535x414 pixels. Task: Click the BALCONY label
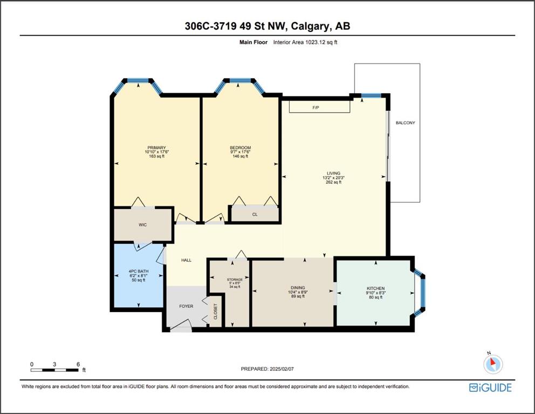pyautogui.click(x=406, y=123)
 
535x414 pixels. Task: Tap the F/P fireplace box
pyautogui.click(x=319, y=106)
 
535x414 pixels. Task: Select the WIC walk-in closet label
pyautogui.click(x=142, y=225)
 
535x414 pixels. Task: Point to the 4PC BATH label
pyautogui.click(x=139, y=272)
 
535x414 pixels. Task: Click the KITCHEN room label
pyautogui.click(x=376, y=288)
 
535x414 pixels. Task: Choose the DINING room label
pyautogui.click(x=298, y=288)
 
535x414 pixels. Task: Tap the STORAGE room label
pyautogui.click(x=235, y=280)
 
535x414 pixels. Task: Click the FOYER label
pyautogui.click(x=186, y=306)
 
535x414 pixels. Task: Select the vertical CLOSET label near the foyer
pyautogui.click(x=216, y=312)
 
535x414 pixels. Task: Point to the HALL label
pyautogui.click(x=186, y=260)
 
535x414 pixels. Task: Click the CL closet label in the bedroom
pyautogui.click(x=255, y=215)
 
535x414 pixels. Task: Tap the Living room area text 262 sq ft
pyautogui.click(x=334, y=182)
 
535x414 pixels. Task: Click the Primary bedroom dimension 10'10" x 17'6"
pyautogui.click(x=156, y=152)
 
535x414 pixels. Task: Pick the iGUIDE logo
pyautogui.click(x=490, y=388)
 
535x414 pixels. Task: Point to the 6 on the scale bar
pyautogui.click(x=78, y=364)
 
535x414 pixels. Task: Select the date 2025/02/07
pyautogui.click(x=282, y=369)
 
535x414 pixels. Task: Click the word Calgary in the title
pyautogui.click(x=311, y=26)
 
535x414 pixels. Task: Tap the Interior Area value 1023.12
pyautogui.click(x=315, y=42)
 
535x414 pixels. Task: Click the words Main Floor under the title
pyautogui.click(x=253, y=42)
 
